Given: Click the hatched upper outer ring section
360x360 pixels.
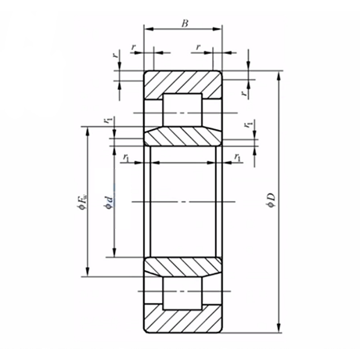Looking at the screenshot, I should pyautogui.click(x=184, y=83).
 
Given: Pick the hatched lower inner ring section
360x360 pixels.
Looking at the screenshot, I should pyautogui.click(x=182, y=267).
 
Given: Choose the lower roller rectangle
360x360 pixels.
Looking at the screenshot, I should pyautogui.click(x=182, y=298).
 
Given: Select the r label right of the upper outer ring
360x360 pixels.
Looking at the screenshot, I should pyautogui.click(x=243, y=93).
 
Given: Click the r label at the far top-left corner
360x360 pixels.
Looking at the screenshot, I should pyautogui.click(x=116, y=55).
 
